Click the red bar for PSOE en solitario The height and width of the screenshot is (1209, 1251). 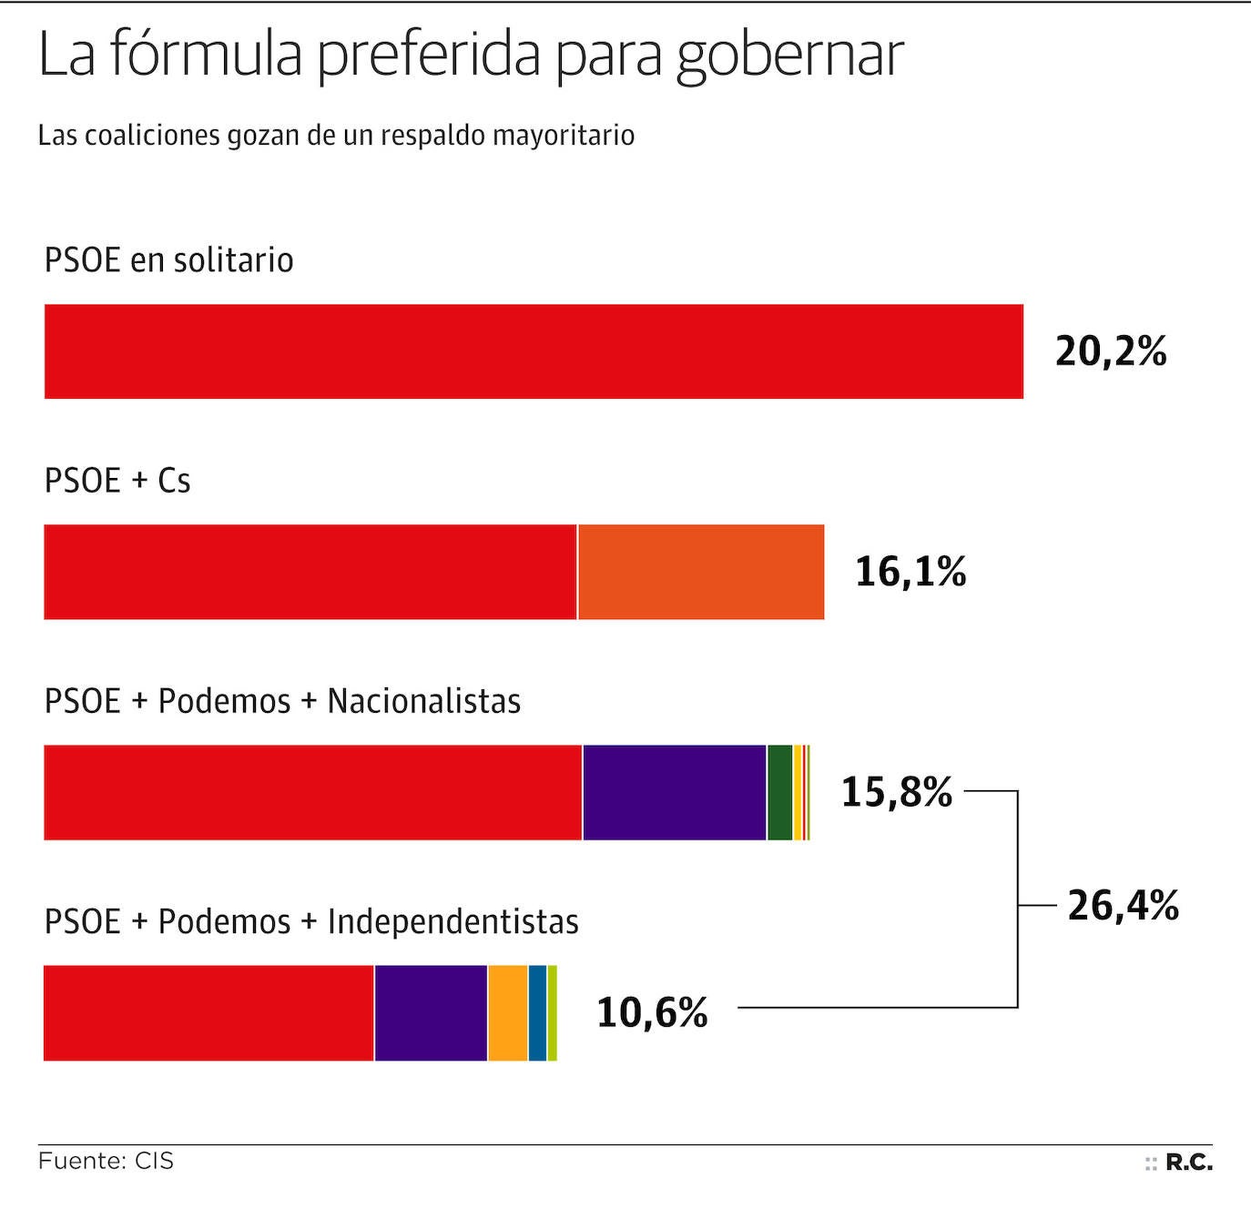[x=534, y=351]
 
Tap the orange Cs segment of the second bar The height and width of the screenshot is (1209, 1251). [x=701, y=572]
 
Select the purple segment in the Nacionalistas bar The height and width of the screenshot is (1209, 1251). [x=674, y=792]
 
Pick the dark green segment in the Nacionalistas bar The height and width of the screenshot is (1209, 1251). [x=779, y=792]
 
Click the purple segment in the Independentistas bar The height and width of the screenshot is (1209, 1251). [x=431, y=1012]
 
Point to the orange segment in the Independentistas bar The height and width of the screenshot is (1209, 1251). [x=508, y=1012]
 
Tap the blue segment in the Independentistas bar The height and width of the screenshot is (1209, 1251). [x=537, y=1012]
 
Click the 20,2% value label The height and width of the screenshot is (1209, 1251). [x=1111, y=351]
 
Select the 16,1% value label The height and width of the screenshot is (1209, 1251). [x=910, y=572]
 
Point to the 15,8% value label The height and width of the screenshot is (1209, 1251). [x=896, y=792]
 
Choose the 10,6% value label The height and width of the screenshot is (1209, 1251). [x=652, y=1012]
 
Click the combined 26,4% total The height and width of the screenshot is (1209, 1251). [x=1123, y=906]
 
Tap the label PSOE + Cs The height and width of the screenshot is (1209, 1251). [x=117, y=481]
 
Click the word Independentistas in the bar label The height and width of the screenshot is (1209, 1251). [x=453, y=921]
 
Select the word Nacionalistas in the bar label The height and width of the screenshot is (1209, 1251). [x=424, y=701]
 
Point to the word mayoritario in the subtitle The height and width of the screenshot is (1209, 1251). [x=564, y=136]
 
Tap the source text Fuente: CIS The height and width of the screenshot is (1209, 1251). [x=106, y=1162]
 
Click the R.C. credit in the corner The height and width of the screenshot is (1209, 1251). [x=1188, y=1163]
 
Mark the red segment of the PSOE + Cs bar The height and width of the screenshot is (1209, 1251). [x=310, y=572]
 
